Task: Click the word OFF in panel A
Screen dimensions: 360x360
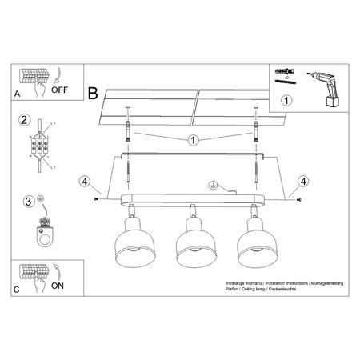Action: point(61,90)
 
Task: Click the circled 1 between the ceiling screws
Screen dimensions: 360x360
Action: point(192,142)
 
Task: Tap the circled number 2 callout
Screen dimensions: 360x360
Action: point(25,121)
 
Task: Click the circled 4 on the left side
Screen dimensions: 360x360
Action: point(85,181)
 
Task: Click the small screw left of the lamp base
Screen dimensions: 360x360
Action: point(97,197)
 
